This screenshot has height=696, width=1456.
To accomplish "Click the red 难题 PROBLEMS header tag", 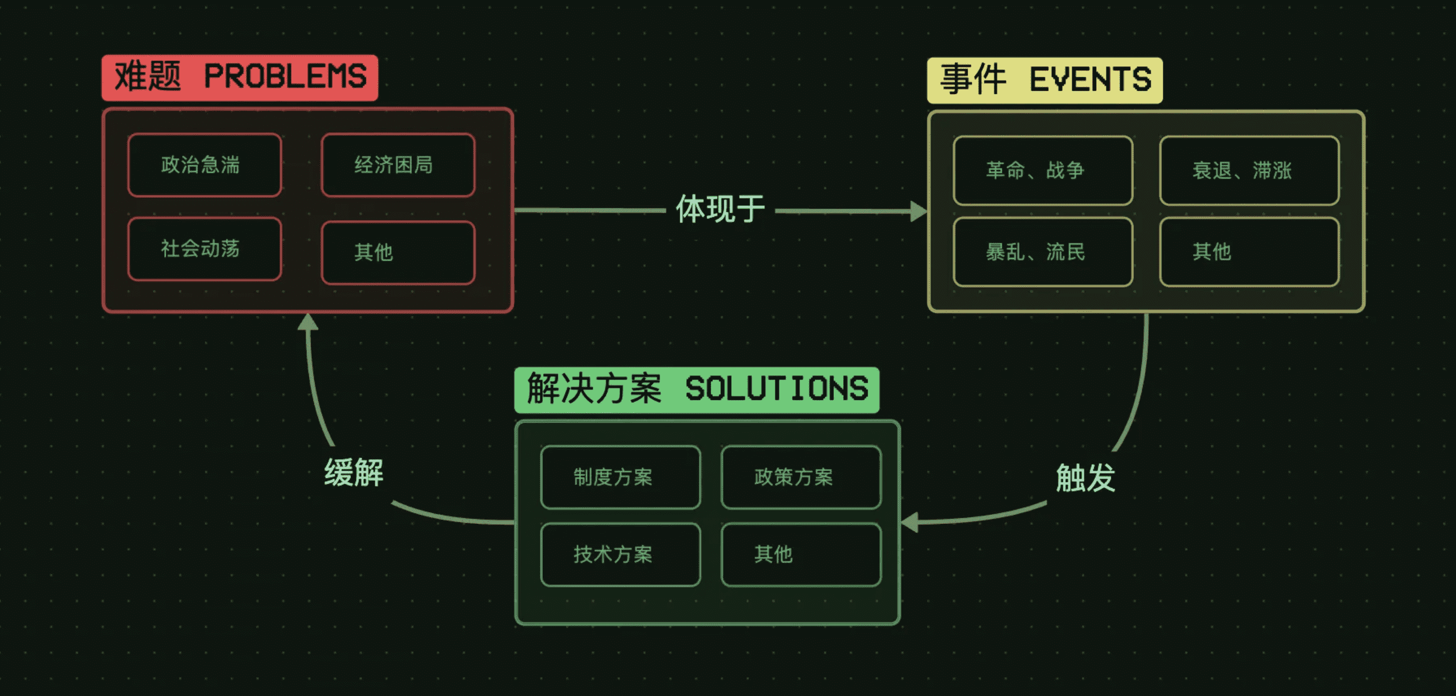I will pos(240,77).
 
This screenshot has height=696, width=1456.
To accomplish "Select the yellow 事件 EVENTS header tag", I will pos(1044,79).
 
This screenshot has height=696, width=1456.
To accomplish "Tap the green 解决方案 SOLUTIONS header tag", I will pos(696,390).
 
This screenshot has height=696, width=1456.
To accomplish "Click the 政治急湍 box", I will pos(205,165).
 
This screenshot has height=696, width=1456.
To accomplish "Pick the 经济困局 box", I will pos(398,165).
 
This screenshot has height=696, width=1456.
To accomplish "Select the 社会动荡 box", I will pos(205,249).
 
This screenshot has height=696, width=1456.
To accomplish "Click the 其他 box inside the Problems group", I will pos(398,252).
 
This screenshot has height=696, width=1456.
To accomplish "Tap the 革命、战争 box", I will pos(1043,170).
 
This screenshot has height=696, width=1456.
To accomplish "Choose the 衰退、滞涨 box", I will pos(1249,170).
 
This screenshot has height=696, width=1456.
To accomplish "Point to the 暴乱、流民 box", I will pos(1043,252).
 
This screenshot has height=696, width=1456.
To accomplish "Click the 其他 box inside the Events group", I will pos(1249,252).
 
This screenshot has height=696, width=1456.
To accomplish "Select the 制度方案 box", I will pos(620,477).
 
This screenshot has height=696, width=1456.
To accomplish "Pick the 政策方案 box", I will pos(801,477).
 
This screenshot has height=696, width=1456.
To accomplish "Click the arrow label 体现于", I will pos(721,209).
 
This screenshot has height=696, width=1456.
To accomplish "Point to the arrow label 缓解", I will pos(354,473).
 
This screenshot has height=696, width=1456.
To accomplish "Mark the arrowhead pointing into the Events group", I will pos(919,212).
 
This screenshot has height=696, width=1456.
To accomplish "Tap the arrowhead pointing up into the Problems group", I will pos(307,322).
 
